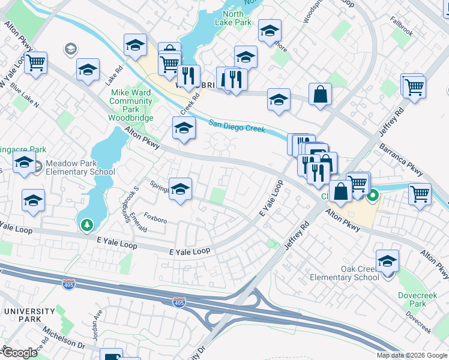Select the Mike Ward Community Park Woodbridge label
(131, 101)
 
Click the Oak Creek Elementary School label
(345, 273)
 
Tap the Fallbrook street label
(401, 29)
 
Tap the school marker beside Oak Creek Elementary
(388, 262)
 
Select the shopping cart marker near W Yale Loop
(36, 62)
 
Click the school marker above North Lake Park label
(270, 30)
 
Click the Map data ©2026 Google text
(411, 355)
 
